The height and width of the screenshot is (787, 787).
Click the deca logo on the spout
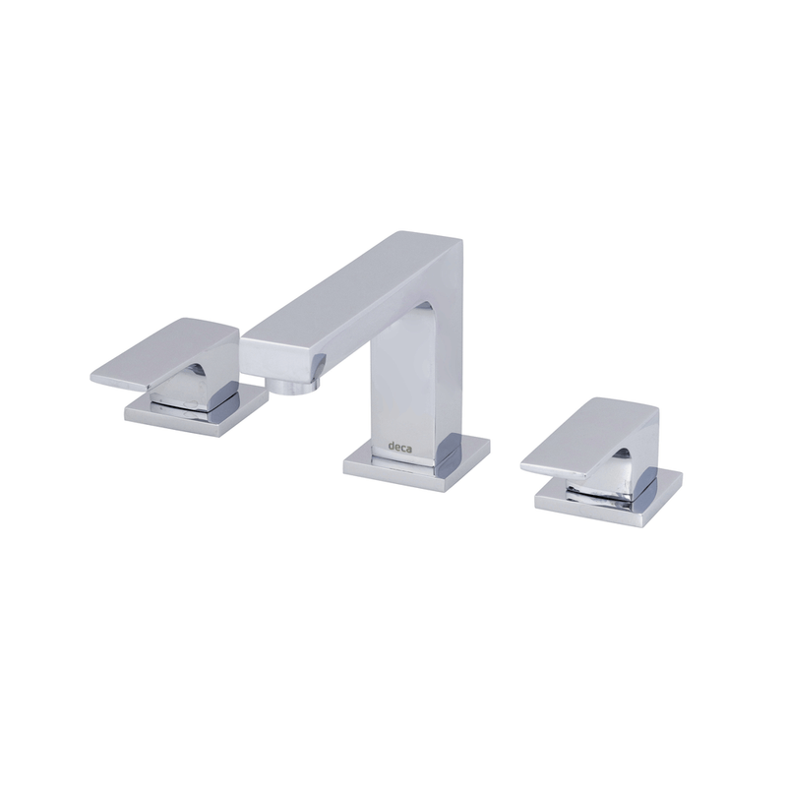399,447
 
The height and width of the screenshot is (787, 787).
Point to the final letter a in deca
409,448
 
